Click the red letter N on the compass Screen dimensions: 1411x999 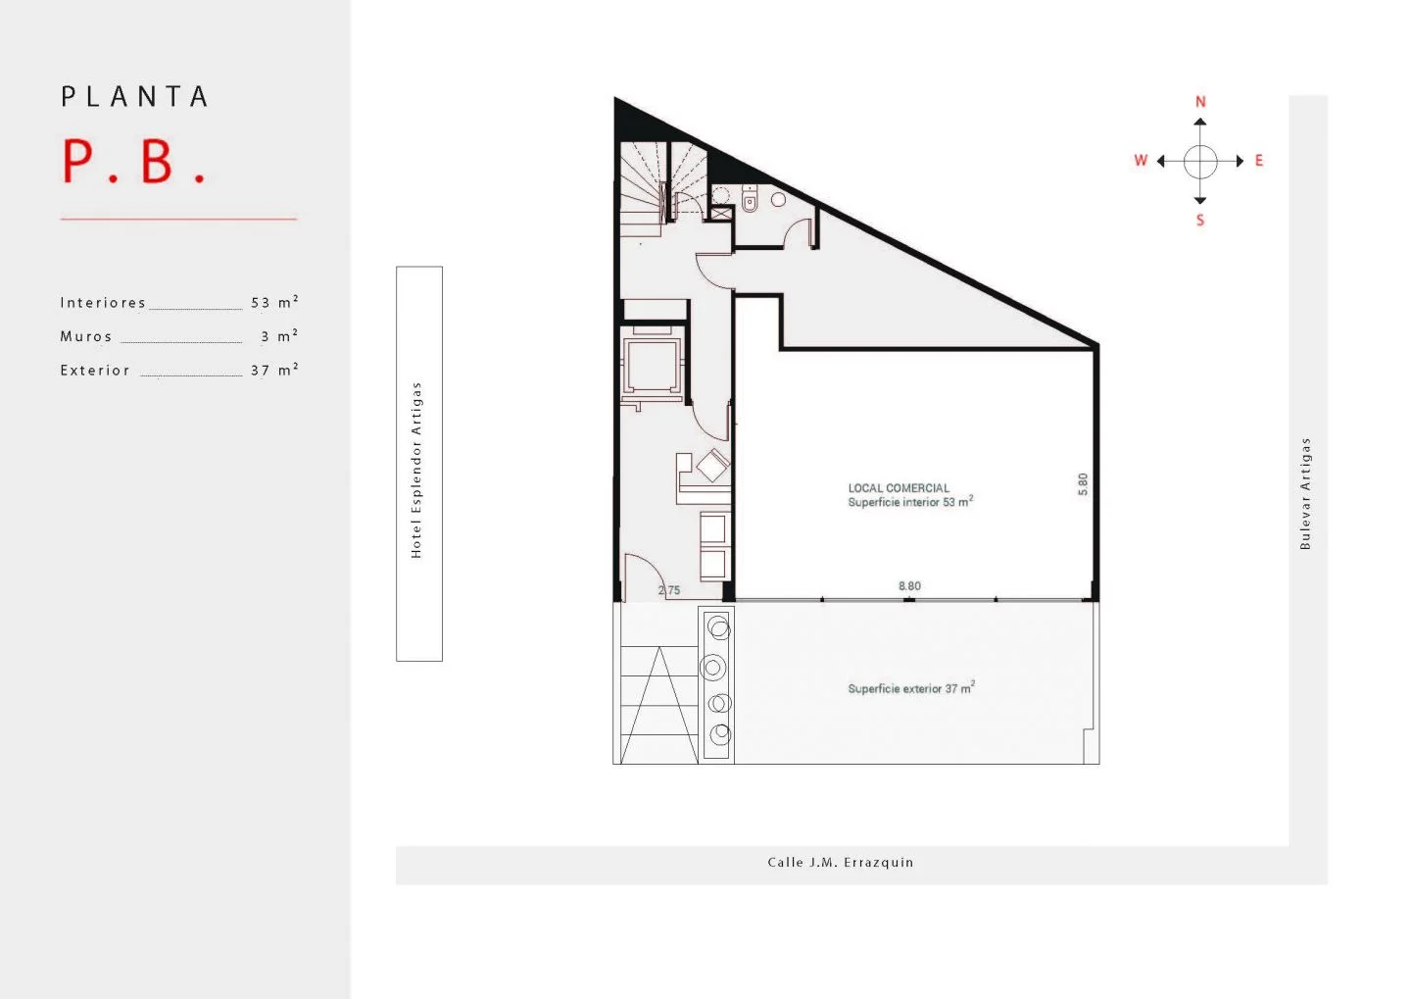pyautogui.click(x=1200, y=102)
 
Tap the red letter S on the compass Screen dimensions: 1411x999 pyautogui.click(x=1200, y=220)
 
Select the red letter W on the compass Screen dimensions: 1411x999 pyautogui.click(x=1141, y=160)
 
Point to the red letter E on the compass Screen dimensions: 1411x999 pyautogui.click(x=1259, y=160)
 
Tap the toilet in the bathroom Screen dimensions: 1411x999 pyautogui.click(x=750, y=199)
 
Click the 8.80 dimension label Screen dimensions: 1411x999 pyautogui.click(x=909, y=586)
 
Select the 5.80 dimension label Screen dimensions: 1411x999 pyautogui.click(x=1083, y=484)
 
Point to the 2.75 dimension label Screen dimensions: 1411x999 pyautogui.click(x=669, y=590)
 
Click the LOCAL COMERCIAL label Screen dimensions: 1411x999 pyautogui.click(x=899, y=488)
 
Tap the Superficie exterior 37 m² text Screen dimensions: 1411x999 pyautogui.click(x=911, y=687)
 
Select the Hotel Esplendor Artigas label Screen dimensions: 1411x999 pyautogui.click(x=415, y=471)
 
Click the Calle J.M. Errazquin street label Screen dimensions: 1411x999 pyautogui.click(x=841, y=862)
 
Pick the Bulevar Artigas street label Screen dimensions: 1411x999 pyautogui.click(x=1305, y=493)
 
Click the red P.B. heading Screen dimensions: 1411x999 pyautogui.click(x=134, y=162)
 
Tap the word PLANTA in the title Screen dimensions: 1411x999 pyautogui.click(x=134, y=96)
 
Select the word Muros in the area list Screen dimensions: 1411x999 pyautogui.click(x=85, y=336)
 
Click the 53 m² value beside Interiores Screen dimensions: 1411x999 pyautogui.click(x=274, y=302)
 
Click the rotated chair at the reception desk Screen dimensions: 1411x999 pyautogui.click(x=712, y=466)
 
